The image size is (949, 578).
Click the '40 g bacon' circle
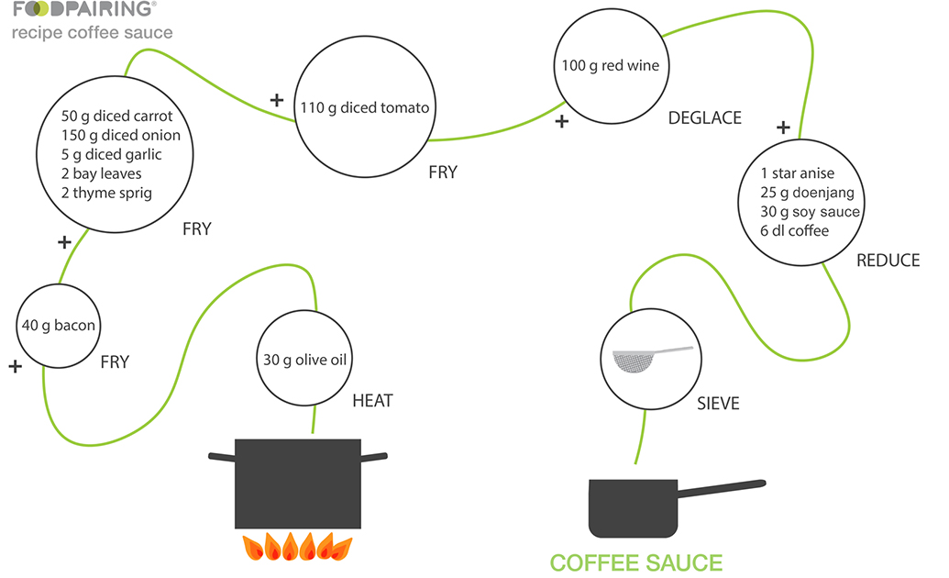coord(59,326)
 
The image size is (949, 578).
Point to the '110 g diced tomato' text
coord(365,107)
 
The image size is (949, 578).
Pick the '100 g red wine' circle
coord(611,66)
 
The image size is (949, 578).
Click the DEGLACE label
coord(704,118)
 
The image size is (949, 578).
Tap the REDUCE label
coord(887,261)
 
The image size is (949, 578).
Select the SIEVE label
coord(717,403)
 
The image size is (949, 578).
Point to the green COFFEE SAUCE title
coord(635,562)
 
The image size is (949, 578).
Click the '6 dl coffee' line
coord(794,230)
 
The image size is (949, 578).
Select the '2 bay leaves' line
coord(102,173)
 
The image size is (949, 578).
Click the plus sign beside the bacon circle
coord(15,366)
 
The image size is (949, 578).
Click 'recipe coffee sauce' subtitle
coord(92,33)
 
